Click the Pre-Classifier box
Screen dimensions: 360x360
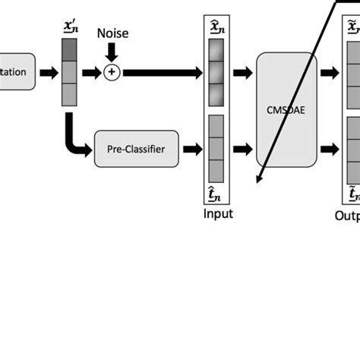coord(139,149)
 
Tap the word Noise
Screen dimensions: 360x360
coord(112,33)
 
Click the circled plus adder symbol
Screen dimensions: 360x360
coord(112,73)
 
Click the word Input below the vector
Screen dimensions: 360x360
coord(218,213)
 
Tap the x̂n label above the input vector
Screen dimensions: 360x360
coord(217,27)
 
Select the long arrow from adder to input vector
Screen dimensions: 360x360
coord(163,73)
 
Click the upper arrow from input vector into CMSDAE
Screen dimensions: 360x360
coord(244,73)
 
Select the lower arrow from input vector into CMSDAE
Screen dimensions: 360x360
coord(244,149)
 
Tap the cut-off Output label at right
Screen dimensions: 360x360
coord(346,214)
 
